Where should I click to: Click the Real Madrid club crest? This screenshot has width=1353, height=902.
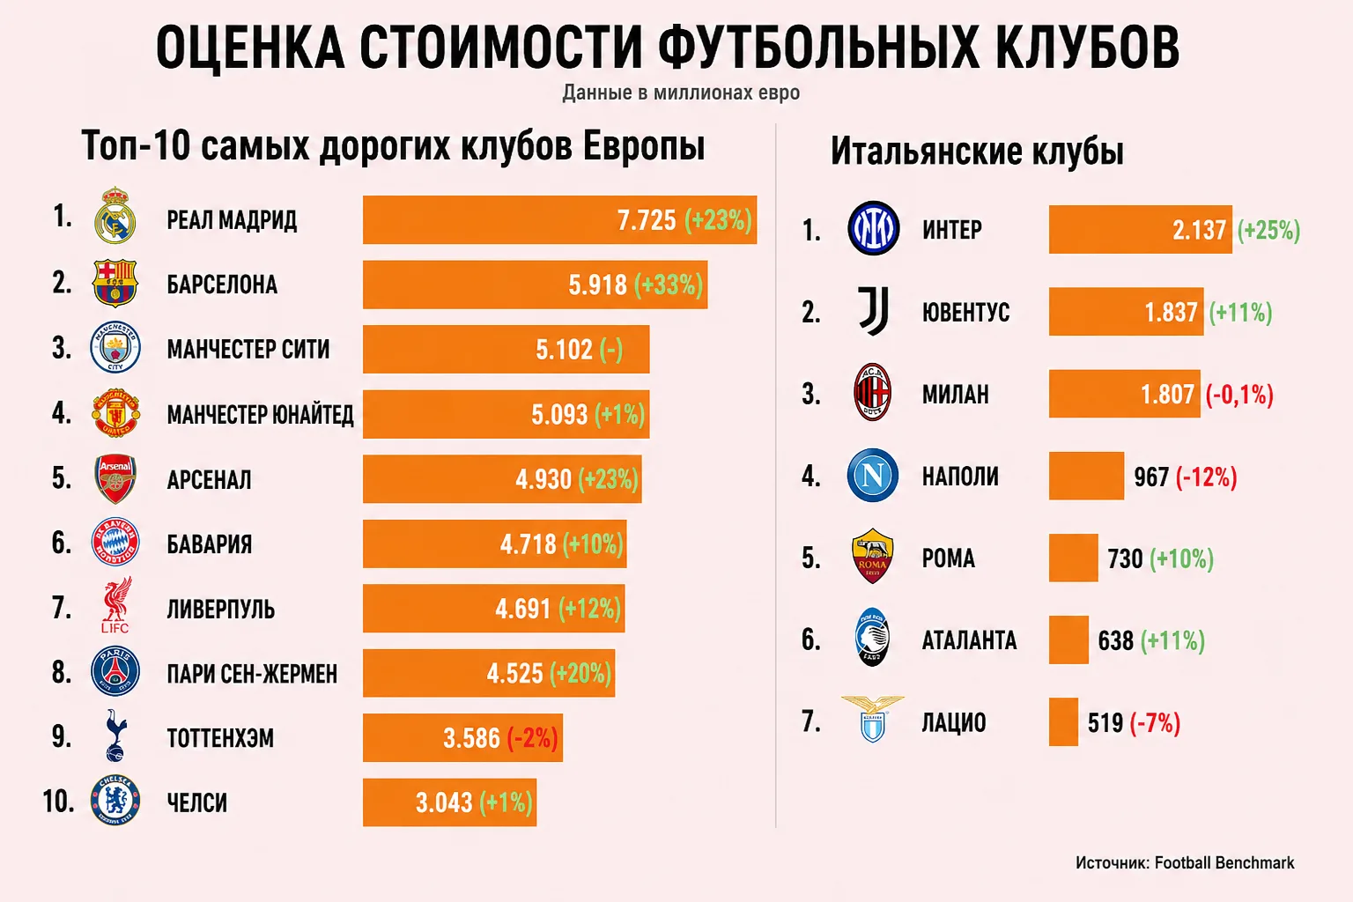(x=115, y=216)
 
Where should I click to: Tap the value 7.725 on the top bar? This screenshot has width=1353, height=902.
(x=647, y=220)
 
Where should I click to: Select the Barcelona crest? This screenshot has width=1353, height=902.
(x=115, y=284)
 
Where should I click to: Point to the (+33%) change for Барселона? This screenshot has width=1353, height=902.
(x=669, y=285)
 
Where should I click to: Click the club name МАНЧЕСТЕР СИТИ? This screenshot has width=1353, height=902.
(x=248, y=349)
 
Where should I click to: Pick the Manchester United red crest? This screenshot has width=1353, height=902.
(x=115, y=413)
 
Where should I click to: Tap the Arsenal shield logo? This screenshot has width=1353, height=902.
(x=115, y=478)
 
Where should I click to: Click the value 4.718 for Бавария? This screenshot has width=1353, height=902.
(x=528, y=544)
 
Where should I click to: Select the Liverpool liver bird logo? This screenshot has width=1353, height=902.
(x=116, y=605)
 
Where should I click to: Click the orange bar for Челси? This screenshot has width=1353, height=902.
(x=449, y=802)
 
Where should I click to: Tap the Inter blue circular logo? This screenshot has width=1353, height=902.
(x=874, y=228)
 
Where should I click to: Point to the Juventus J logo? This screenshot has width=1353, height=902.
(x=874, y=311)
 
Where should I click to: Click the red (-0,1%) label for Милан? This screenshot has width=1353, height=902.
(x=1239, y=396)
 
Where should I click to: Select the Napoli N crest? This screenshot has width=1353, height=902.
(x=873, y=476)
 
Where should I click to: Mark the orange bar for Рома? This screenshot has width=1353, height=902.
(x=1074, y=558)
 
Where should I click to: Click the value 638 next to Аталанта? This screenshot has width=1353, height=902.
(x=1116, y=641)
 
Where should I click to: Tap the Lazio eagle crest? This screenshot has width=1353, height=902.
(x=873, y=719)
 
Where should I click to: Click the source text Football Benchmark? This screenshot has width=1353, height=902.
(x=1224, y=862)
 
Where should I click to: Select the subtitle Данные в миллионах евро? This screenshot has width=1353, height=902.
(x=681, y=93)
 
